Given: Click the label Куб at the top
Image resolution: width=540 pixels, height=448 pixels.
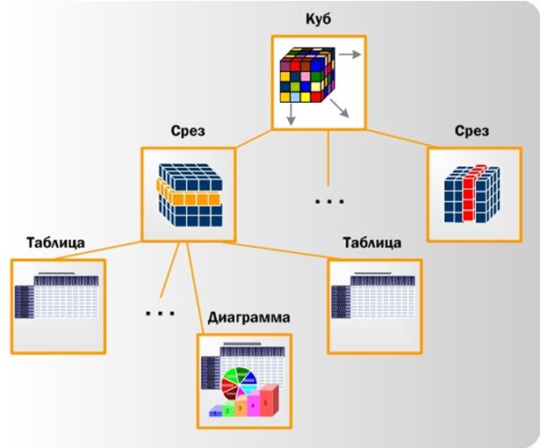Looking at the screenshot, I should pyautogui.click(x=319, y=20).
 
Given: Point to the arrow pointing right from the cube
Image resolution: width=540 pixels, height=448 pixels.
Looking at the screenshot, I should pyautogui.click(x=349, y=54).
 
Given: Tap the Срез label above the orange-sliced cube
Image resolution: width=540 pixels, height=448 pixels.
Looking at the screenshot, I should pyautogui.click(x=188, y=132).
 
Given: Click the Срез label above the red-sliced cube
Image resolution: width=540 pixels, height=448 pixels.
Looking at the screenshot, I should pyautogui.click(x=472, y=131).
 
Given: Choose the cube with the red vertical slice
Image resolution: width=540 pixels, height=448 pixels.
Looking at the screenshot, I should pyautogui.click(x=472, y=192).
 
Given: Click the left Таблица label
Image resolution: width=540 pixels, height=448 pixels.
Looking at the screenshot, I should pyautogui.click(x=55, y=243).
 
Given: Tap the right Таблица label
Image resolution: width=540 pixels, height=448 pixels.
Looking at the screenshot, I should pyautogui.click(x=373, y=243).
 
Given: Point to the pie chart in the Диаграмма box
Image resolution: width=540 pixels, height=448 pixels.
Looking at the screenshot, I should pyautogui.click(x=238, y=384).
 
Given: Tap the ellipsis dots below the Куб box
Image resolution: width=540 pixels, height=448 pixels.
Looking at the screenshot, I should pyautogui.click(x=328, y=202).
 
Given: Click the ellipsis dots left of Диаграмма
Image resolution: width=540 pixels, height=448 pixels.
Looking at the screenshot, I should pyautogui.click(x=161, y=313).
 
